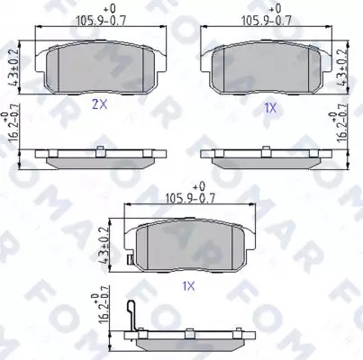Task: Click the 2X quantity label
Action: tap(99, 104)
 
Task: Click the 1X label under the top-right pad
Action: tap(270, 108)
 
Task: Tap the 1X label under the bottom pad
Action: tap(189, 286)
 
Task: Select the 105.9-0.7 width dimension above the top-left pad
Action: tap(100, 21)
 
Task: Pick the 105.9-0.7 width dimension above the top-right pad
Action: tap(267, 21)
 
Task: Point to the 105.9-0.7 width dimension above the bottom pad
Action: tap(190, 198)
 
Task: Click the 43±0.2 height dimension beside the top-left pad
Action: tap(14, 67)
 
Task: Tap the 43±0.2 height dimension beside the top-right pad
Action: tap(342, 67)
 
